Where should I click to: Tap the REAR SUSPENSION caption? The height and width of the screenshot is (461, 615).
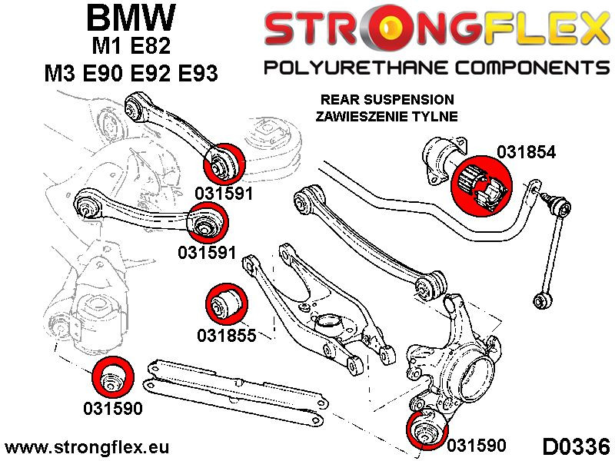pos(387,100)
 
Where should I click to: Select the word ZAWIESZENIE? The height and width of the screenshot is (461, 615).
pos(356,117)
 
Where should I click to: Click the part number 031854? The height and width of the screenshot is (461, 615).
pos(526,151)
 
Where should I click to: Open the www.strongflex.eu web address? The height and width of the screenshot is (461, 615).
pos(87,447)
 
